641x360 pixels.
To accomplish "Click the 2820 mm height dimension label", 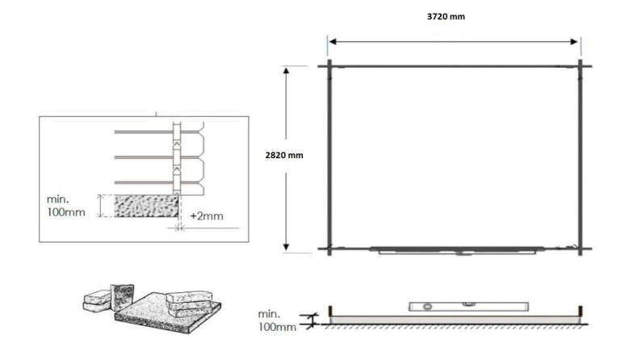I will point(284,155).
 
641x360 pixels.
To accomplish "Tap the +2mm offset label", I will point(207,217).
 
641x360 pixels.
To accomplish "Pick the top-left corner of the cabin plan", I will point(330,66).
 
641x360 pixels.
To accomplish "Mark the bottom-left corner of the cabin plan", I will point(330,249).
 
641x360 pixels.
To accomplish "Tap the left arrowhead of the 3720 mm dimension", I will point(330,42).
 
